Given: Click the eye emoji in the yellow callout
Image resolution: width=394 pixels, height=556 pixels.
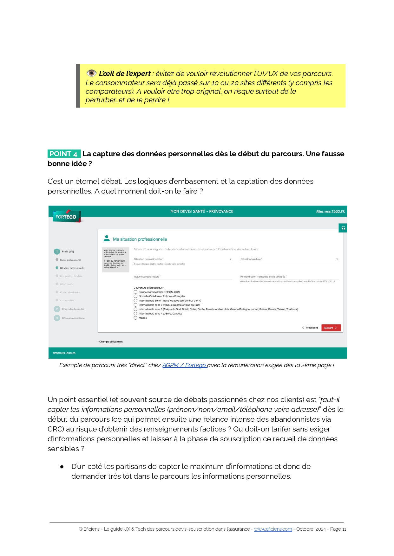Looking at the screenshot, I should (91, 73).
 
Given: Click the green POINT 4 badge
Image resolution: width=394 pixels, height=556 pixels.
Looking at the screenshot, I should (64, 154).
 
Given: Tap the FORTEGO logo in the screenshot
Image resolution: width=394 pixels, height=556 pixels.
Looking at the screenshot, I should (66, 217).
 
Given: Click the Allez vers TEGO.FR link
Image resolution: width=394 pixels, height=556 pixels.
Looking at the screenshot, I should (330, 211).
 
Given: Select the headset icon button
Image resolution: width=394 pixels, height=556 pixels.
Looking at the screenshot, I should (343, 228).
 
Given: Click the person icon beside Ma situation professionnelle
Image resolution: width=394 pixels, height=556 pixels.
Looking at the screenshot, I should (107, 238).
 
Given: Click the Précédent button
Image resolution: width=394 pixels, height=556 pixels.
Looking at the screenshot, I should (310, 328).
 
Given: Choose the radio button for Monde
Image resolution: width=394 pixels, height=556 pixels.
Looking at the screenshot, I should (135, 318).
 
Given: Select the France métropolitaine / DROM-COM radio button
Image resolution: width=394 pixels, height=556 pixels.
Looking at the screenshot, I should (135, 292).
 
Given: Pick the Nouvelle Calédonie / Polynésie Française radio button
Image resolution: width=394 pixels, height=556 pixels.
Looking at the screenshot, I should (135, 296).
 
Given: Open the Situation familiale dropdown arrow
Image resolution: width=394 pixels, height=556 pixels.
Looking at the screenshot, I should (337, 259).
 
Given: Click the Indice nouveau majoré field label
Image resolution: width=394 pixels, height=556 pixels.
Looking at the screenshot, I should (147, 277).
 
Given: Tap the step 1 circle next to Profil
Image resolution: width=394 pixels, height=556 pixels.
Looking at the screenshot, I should (57, 252).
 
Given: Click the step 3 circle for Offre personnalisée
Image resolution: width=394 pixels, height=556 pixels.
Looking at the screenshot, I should (57, 318).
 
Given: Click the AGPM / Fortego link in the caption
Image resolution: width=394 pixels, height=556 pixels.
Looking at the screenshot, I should (184, 365).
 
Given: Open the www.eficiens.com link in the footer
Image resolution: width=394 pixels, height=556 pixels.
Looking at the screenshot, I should (273, 529).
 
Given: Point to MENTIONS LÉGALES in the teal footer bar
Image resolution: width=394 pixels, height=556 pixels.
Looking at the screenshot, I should (64, 353).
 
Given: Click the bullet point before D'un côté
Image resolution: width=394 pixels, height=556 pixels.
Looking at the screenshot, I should (62, 467).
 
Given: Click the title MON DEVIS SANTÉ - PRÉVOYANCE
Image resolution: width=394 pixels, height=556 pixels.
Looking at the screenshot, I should (202, 211).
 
